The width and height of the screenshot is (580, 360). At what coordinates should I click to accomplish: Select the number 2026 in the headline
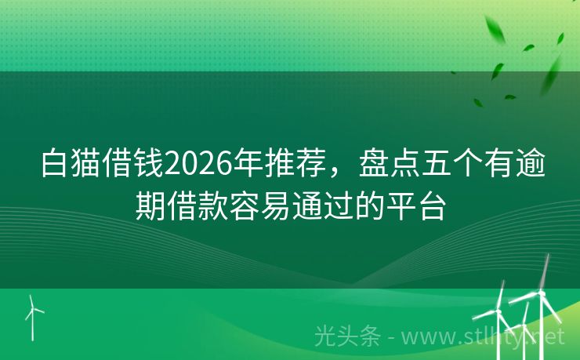pyautogui.click(x=198, y=164)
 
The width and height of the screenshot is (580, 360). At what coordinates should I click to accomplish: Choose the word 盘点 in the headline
pyautogui.click(x=389, y=163)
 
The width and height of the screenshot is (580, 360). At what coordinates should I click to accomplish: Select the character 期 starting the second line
pyautogui.click(x=150, y=206)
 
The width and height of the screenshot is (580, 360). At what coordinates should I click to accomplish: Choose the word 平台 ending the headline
pyautogui.click(x=415, y=206)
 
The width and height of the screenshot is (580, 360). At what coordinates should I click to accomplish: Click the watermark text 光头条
pyautogui.click(x=347, y=336)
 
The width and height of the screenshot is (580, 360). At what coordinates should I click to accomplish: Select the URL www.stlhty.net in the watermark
pyautogui.click(x=484, y=337)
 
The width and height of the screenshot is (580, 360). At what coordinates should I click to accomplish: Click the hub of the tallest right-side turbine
pyautogui.click(x=542, y=293)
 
